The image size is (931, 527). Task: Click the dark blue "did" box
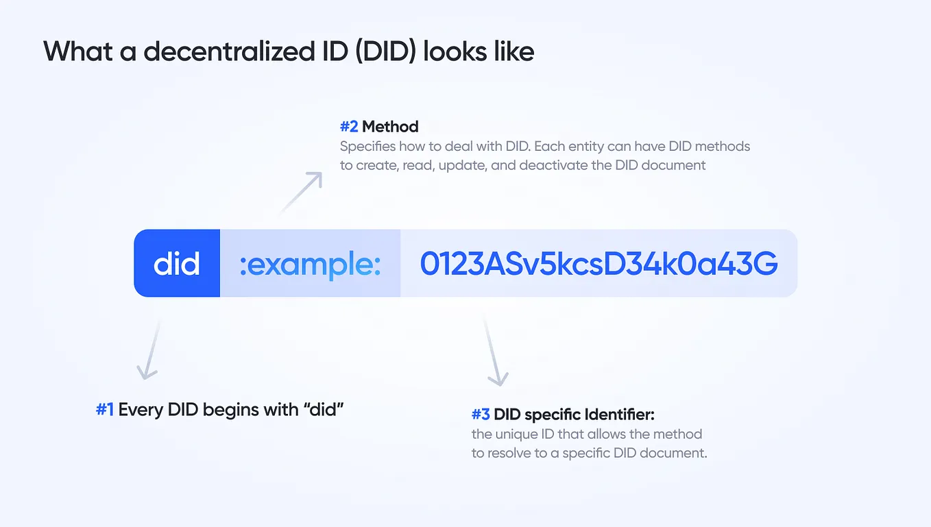(177, 264)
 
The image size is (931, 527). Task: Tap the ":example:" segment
(310, 264)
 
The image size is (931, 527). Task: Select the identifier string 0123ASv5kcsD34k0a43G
(598, 264)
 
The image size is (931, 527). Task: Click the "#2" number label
(349, 127)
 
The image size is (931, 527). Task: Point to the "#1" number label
(105, 410)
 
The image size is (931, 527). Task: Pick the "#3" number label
(481, 415)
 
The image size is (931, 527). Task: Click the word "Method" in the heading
(390, 127)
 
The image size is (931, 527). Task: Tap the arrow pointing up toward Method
(302, 192)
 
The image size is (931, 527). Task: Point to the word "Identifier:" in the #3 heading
(620, 415)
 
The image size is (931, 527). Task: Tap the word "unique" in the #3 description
(514, 434)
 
